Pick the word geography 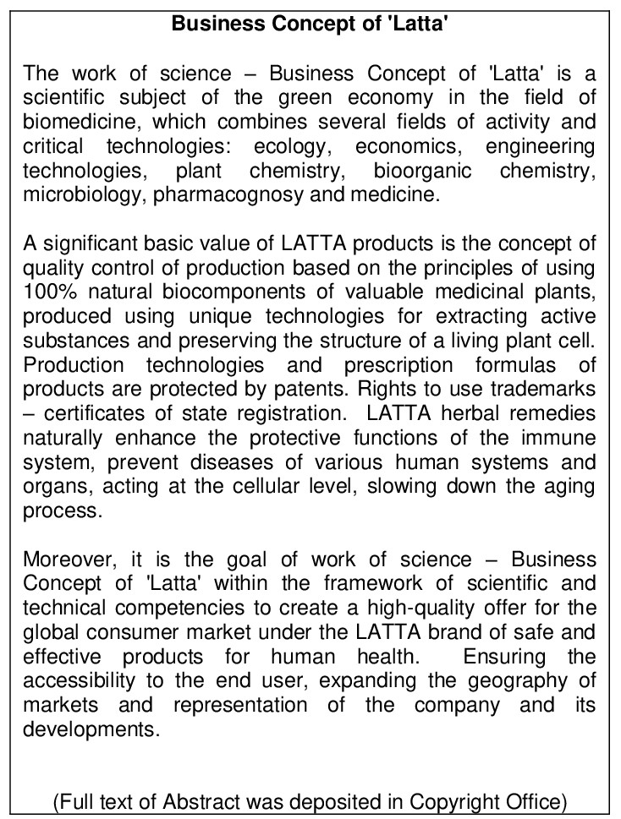click(511, 681)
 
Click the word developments click(91, 729)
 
